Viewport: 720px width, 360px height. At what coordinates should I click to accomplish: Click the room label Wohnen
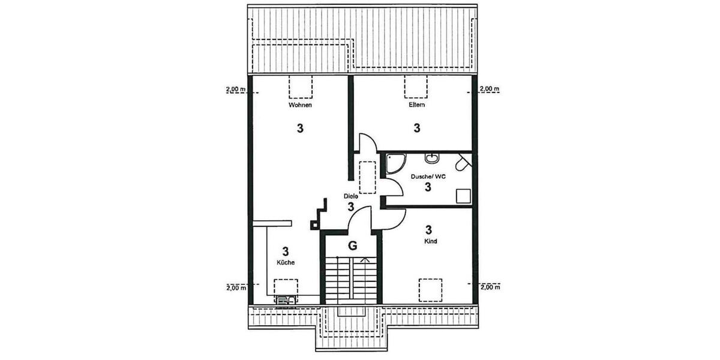[300, 105]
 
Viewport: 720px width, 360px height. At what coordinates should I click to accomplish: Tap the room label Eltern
[416, 105]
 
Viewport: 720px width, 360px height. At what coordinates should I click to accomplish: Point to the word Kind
[430, 241]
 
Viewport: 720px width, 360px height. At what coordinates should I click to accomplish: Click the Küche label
[286, 263]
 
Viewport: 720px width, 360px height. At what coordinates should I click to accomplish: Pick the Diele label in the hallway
[351, 196]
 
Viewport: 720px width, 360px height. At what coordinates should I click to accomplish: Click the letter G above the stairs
[352, 245]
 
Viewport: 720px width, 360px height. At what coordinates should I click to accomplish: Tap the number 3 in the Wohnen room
[300, 128]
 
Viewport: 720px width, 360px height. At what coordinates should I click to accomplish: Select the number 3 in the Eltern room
[416, 127]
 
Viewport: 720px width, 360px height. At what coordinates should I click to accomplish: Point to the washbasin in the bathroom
[431, 158]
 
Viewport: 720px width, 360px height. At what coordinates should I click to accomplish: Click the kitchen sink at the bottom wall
[286, 299]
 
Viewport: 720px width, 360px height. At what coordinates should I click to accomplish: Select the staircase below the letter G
[352, 279]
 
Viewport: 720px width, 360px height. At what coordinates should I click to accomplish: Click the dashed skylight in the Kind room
[430, 290]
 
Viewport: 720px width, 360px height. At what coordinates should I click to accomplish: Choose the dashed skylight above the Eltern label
[416, 86]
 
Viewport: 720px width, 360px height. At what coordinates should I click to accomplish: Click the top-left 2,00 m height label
[236, 89]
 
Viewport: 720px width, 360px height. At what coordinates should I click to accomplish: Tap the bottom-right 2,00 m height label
[490, 287]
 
